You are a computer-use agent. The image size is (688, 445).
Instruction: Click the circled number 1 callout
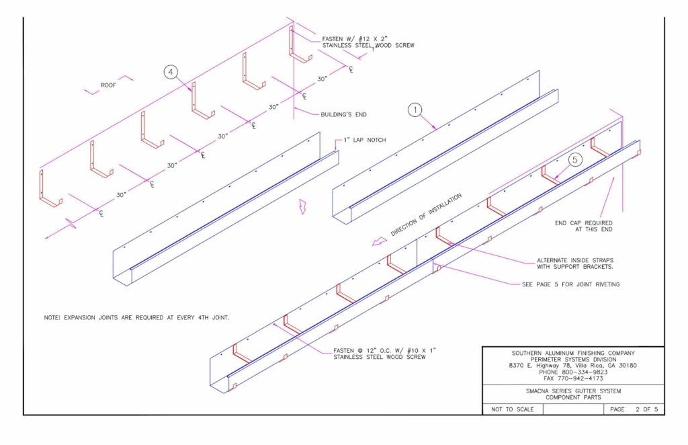pyautogui.click(x=416, y=109)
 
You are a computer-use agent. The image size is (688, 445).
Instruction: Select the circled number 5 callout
pyautogui.click(x=575, y=160)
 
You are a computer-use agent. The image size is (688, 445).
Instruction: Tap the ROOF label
pyautogui.click(x=108, y=85)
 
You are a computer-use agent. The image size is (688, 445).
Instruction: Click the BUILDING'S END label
pyautogui.click(x=343, y=114)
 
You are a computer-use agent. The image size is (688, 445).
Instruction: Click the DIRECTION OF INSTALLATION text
pyautogui.click(x=426, y=214)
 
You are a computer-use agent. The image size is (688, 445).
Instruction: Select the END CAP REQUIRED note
pyautogui.click(x=583, y=226)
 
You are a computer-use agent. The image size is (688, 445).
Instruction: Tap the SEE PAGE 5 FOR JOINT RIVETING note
pyautogui.click(x=570, y=284)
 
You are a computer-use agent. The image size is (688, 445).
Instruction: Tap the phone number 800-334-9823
pyautogui.click(x=573, y=372)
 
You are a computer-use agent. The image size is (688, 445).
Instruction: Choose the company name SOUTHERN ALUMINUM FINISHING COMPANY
pyautogui.click(x=573, y=353)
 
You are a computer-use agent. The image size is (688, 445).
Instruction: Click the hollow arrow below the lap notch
pyautogui.click(x=302, y=206)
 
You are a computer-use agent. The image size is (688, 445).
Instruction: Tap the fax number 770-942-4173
pyautogui.click(x=573, y=378)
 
